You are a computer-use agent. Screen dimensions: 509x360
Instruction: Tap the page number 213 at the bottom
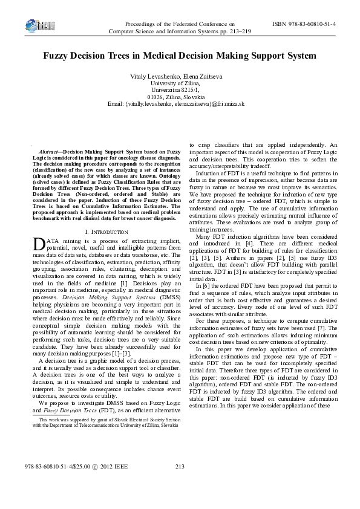(179, 483)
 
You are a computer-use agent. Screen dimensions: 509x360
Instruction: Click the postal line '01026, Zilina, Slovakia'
(180, 97)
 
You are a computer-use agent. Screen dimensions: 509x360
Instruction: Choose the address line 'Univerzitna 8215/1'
(180, 89)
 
